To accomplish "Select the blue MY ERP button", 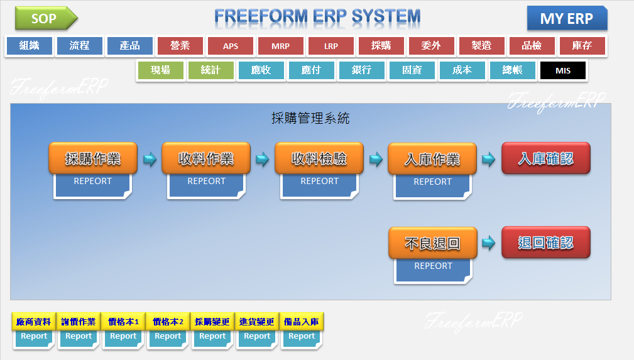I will (567, 18).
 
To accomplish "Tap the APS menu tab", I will (231, 46).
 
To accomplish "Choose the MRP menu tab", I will (281, 46).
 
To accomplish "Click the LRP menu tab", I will (331, 46).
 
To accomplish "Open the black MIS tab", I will (563, 70).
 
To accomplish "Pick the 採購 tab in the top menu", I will (381, 46).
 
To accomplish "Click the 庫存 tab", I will (582, 46).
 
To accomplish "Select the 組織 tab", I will (30, 46).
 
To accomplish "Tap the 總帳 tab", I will (513, 70).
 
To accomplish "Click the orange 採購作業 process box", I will (93, 158).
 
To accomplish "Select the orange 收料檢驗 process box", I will (319, 158).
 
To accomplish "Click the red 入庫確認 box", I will (545, 158).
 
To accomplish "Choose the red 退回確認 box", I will (545, 243).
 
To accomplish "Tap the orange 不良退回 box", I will (432, 243).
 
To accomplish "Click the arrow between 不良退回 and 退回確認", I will (488, 243).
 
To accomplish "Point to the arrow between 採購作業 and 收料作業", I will (149, 159).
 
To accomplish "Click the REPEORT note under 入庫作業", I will (432, 185).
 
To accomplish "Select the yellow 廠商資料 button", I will (34, 322).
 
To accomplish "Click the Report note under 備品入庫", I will (302, 338).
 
